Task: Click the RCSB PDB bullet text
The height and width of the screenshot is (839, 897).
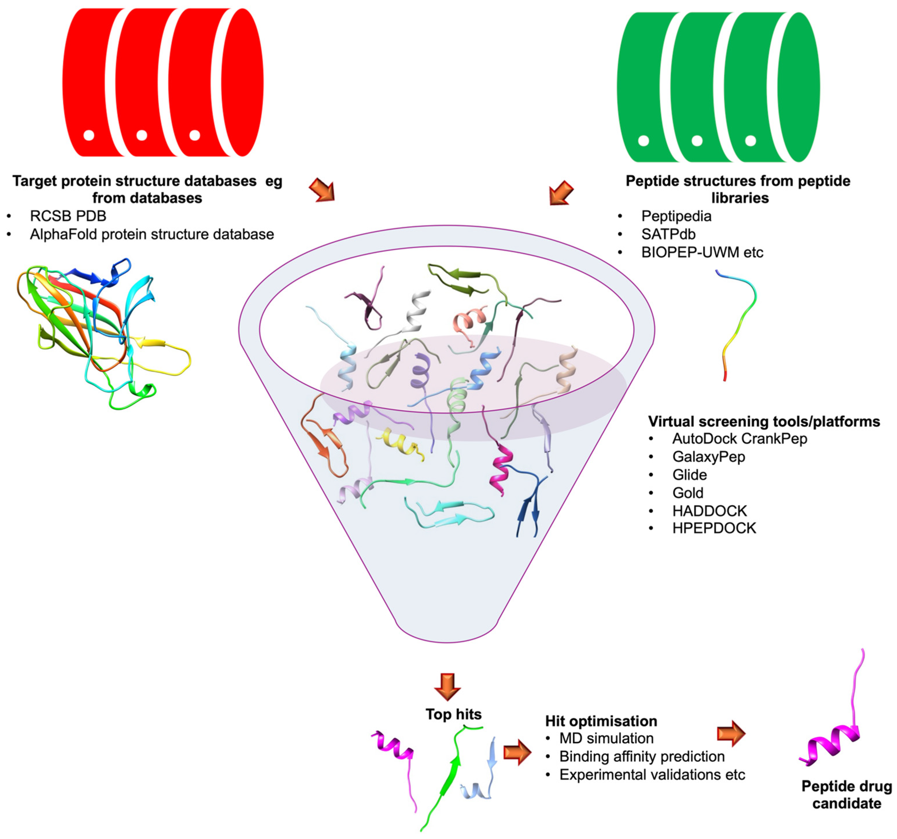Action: click(68, 216)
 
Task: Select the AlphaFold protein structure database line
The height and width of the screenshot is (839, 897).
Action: click(151, 234)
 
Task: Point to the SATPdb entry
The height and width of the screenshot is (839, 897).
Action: click(668, 234)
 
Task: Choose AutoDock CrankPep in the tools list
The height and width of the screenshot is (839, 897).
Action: click(739, 438)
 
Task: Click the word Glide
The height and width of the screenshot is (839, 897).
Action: click(689, 474)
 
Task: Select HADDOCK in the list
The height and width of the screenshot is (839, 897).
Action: click(709, 511)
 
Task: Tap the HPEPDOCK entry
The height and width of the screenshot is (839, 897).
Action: click(714, 528)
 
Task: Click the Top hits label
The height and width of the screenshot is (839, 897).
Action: click(454, 714)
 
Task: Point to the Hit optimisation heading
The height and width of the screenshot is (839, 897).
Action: click(601, 721)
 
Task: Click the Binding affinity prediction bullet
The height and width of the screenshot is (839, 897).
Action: click(642, 756)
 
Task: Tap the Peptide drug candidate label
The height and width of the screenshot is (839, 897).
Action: click(846, 794)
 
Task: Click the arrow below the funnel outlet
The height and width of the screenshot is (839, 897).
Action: click(447, 686)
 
